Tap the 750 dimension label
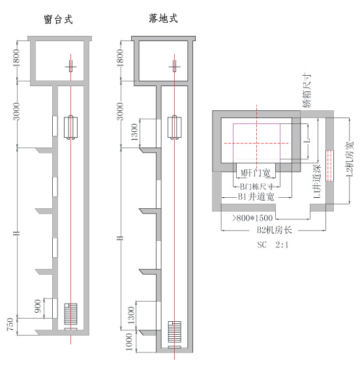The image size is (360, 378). pyautogui.click(x=10, y=325)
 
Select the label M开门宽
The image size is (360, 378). pyautogui.click(x=255, y=172)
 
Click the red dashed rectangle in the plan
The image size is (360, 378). pyautogui.click(x=329, y=163)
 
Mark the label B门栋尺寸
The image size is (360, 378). pyautogui.click(x=256, y=185)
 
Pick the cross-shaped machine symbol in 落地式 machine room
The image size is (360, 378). pyautogui.click(x=174, y=65)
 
